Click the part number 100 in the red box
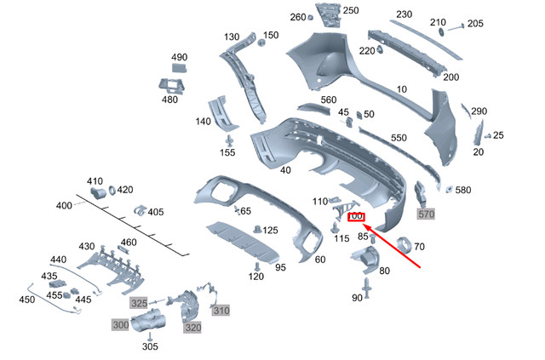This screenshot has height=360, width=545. coord(356,217)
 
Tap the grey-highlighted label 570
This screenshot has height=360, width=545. coord(426,214)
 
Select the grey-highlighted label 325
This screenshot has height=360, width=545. coord(139,303)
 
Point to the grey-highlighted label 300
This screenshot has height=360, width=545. coord(120,324)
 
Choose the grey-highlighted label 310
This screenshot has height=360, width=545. coord(221,310)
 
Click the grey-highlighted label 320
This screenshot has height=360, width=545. coord(193,328)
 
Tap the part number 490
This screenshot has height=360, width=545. coord(179,57)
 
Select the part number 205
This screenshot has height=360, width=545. coord(475,24)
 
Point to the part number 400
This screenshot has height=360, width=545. coord(65,205)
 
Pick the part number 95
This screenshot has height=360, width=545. coord(280,268)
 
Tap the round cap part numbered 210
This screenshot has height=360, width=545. coord(442,31)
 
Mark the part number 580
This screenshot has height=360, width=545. coord(463,190)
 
